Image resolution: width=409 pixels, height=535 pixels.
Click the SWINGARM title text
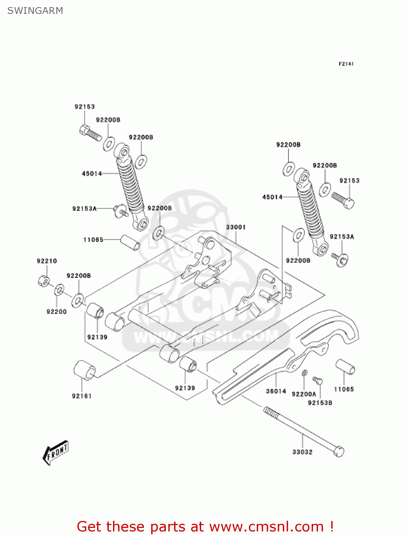tap(35, 11)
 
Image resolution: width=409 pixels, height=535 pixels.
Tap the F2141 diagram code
tap(346, 64)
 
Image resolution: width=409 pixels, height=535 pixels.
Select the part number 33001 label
tap(236, 227)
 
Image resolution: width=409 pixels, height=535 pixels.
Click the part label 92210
tap(47, 261)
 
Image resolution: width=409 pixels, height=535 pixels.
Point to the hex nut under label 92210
tap(43, 281)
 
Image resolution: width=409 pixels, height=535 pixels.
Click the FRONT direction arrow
tap(56, 453)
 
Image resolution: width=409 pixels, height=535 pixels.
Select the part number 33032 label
tap(302, 452)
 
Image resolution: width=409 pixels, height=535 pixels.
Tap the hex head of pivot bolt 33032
tap(339, 452)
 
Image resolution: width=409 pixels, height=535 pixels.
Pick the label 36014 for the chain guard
tap(276, 391)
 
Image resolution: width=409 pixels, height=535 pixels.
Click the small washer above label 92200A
tap(304, 373)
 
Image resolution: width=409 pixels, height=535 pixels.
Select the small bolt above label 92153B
tap(317, 381)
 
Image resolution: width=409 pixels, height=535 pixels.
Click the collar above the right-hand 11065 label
tap(345, 367)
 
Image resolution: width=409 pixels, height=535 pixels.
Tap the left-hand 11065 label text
tap(93, 240)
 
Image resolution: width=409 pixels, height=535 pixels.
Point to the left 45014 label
tap(92, 174)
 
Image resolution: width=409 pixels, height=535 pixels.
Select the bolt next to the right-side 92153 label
tap(343, 200)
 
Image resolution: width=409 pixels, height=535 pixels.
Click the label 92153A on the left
tap(85, 209)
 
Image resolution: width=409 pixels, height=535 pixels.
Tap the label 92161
tap(82, 396)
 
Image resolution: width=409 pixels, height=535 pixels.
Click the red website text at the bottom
tap(205, 527)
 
